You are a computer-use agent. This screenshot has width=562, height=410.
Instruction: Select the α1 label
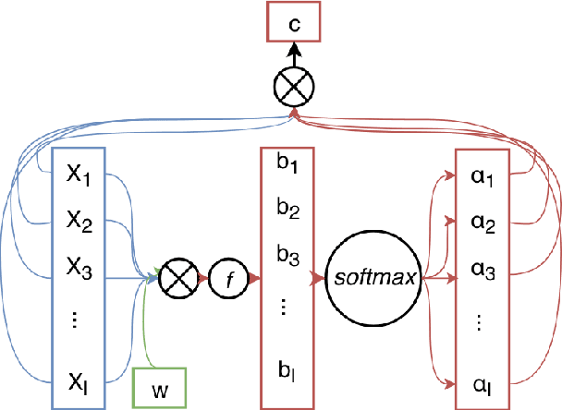pyautogui.click(x=482, y=177)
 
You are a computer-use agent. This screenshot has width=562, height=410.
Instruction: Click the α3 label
pyautogui.click(x=482, y=271)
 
